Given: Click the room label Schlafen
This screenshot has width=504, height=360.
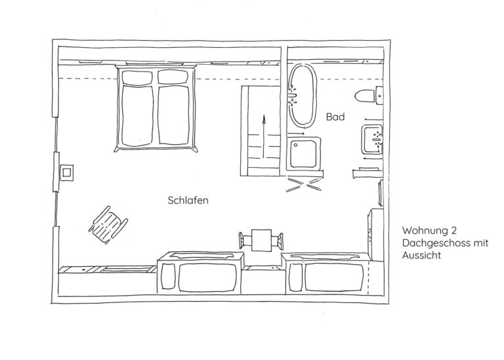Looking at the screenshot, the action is point(188,201).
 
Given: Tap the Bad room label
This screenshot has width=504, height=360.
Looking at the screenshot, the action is point(335,117).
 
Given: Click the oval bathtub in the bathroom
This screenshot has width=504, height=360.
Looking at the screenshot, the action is point(303,96).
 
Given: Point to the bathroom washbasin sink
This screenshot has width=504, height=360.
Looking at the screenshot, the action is point(372,140).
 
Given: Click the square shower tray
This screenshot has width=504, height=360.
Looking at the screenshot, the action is point(304,153).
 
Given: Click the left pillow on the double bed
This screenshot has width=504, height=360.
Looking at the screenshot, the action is point(137,78).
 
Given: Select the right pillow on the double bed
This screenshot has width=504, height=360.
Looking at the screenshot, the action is point(173,77).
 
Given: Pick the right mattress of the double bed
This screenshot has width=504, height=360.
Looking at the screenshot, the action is point(173,115).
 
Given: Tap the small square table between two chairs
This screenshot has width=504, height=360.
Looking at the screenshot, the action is point(261,240).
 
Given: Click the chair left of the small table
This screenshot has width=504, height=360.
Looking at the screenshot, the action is point(245,241).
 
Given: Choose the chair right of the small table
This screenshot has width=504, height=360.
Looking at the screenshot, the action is point(278,241).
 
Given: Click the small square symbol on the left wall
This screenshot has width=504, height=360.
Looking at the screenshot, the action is point(66,172).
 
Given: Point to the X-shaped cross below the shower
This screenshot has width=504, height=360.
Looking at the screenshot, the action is point(304,185).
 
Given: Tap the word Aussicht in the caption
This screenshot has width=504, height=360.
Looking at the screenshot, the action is point(421,255).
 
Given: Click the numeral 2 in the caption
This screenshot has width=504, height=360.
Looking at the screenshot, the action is point(453,230).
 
